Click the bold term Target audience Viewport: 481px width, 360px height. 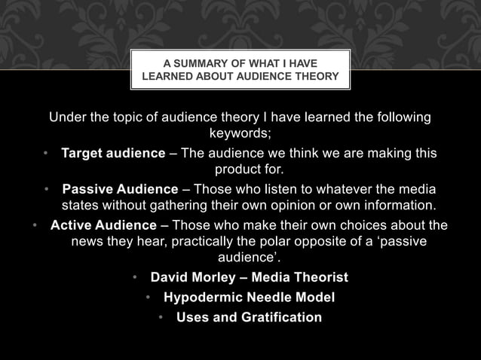click(x=113, y=154)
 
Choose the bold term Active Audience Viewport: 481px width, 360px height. click(x=106, y=225)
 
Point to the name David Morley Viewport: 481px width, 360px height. click(x=195, y=278)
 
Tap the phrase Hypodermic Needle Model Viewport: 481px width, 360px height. click(x=249, y=297)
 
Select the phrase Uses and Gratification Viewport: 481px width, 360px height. click(x=249, y=317)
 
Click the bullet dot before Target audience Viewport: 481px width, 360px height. click(x=46, y=154)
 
